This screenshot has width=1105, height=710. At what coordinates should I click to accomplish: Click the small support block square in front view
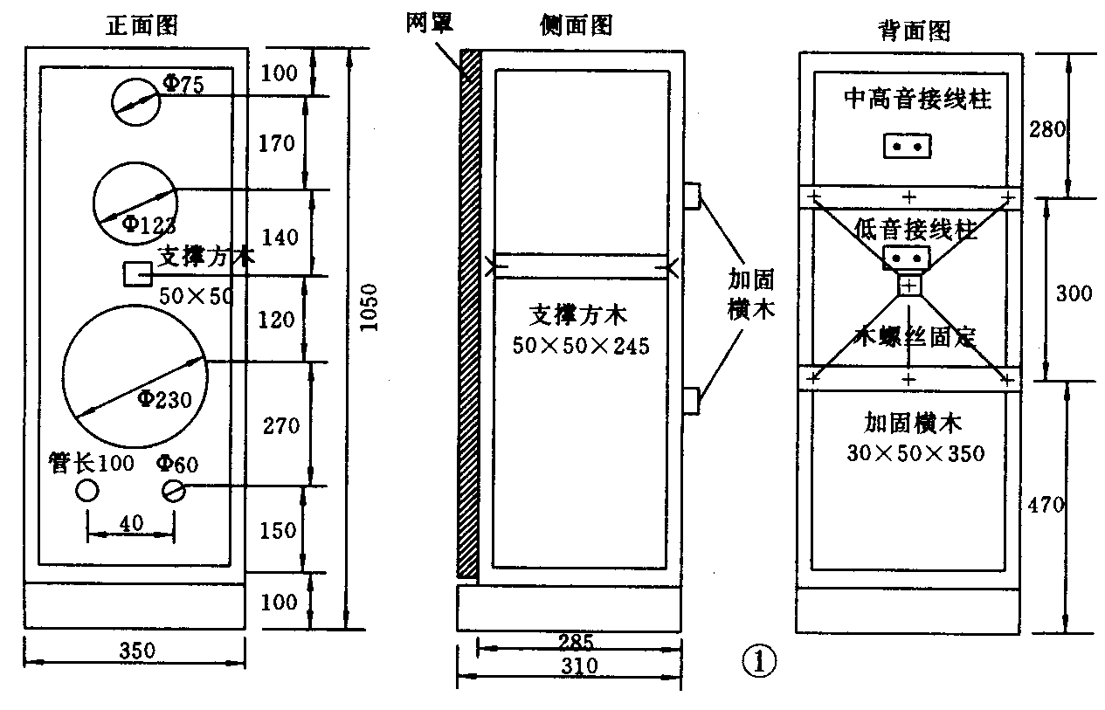tap(136, 274)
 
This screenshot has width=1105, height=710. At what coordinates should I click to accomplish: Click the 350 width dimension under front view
tap(135, 651)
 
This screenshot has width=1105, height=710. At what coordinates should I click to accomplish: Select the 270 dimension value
tap(280, 425)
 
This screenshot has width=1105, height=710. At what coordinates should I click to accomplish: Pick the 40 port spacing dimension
tap(131, 522)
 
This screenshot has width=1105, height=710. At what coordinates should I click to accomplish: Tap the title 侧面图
tap(577, 25)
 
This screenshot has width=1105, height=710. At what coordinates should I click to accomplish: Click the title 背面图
tap(913, 32)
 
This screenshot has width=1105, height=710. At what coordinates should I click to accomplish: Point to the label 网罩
tap(429, 22)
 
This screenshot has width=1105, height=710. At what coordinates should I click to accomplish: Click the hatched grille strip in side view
tap(469, 314)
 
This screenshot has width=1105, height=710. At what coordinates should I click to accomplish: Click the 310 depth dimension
tap(578, 666)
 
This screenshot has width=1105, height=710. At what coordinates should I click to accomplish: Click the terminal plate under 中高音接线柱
tap(908, 146)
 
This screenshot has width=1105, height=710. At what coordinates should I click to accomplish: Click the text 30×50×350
tap(915, 453)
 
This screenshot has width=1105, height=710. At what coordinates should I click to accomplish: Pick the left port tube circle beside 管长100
tap(87, 491)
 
